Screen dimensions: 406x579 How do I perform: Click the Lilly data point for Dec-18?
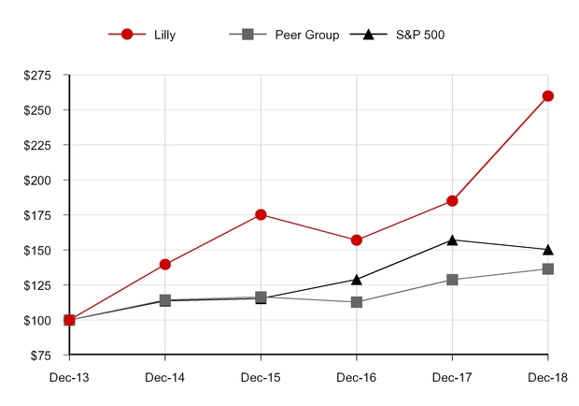[x=548, y=95]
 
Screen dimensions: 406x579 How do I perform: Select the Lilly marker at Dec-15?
[x=261, y=214]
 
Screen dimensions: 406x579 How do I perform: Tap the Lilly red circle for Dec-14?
[x=165, y=264]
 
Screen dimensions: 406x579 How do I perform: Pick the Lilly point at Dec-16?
[x=357, y=239]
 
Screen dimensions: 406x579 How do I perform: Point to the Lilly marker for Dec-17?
[x=452, y=200]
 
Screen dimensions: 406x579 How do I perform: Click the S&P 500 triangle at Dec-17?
[x=452, y=239]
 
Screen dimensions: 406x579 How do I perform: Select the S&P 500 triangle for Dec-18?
[x=548, y=249]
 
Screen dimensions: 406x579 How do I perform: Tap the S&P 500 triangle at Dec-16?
[x=357, y=279]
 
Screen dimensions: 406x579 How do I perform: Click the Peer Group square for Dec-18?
[x=548, y=268]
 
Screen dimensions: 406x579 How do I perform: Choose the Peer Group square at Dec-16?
[x=357, y=302]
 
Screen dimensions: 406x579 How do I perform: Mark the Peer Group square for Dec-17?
[x=452, y=279]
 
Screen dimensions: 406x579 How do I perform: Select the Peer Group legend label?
[x=305, y=35]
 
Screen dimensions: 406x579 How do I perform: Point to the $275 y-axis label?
[x=38, y=75]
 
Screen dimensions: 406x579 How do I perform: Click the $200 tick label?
[x=38, y=180]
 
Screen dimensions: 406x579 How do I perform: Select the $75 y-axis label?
[x=41, y=355]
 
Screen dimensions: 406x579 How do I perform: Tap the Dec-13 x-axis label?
[x=69, y=379]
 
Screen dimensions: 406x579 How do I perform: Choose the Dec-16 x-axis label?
[x=357, y=379]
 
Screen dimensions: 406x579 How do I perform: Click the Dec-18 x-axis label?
[x=548, y=379]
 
